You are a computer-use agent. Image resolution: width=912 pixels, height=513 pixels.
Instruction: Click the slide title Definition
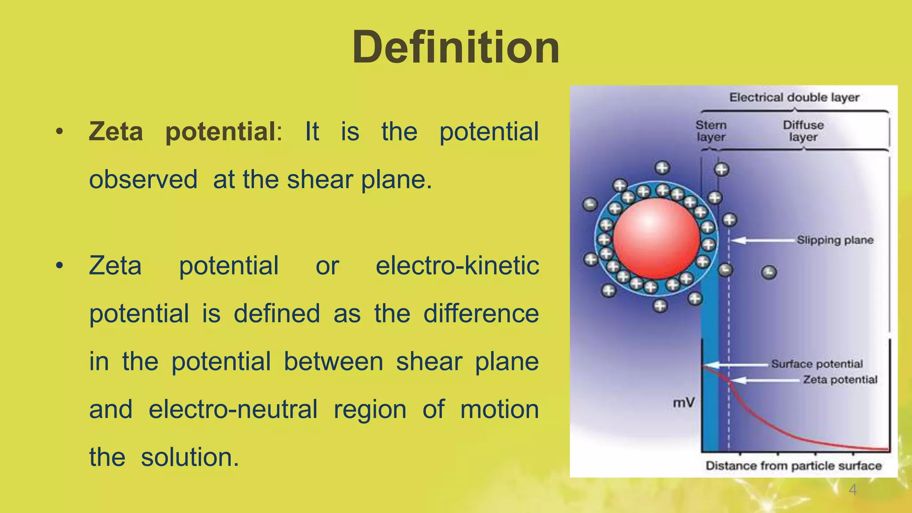point(456,47)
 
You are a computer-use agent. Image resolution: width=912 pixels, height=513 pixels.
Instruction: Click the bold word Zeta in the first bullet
point(116,132)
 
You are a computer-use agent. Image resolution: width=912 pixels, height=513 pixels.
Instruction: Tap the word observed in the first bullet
point(143,179)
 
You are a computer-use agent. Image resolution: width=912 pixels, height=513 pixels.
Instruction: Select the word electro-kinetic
point(457,266)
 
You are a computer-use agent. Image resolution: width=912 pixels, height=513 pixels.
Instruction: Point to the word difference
point(480,313)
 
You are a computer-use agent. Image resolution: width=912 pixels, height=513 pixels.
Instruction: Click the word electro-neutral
point(233,409)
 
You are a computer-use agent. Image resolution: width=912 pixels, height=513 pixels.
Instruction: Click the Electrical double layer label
point(794,98)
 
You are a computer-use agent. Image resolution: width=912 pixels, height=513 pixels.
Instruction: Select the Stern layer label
point(711,131)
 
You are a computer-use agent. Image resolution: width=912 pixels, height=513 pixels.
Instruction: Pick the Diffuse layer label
point(803,131)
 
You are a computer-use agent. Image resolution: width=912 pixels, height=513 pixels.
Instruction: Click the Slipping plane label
point(835,240)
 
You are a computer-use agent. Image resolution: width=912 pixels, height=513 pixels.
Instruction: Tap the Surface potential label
point(817,364)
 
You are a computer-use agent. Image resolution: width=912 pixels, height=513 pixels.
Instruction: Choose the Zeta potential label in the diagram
point(840,380)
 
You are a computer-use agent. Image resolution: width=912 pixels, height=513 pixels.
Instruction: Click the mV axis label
point(684,403)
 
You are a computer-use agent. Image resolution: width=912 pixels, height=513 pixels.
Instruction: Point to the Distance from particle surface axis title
point(794,466)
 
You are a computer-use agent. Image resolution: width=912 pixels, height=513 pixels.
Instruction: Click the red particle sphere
point(656,238)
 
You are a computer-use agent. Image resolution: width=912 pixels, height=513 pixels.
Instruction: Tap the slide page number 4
point(852,490)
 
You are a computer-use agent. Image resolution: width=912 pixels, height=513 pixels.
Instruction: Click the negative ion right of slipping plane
point(769,272)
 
